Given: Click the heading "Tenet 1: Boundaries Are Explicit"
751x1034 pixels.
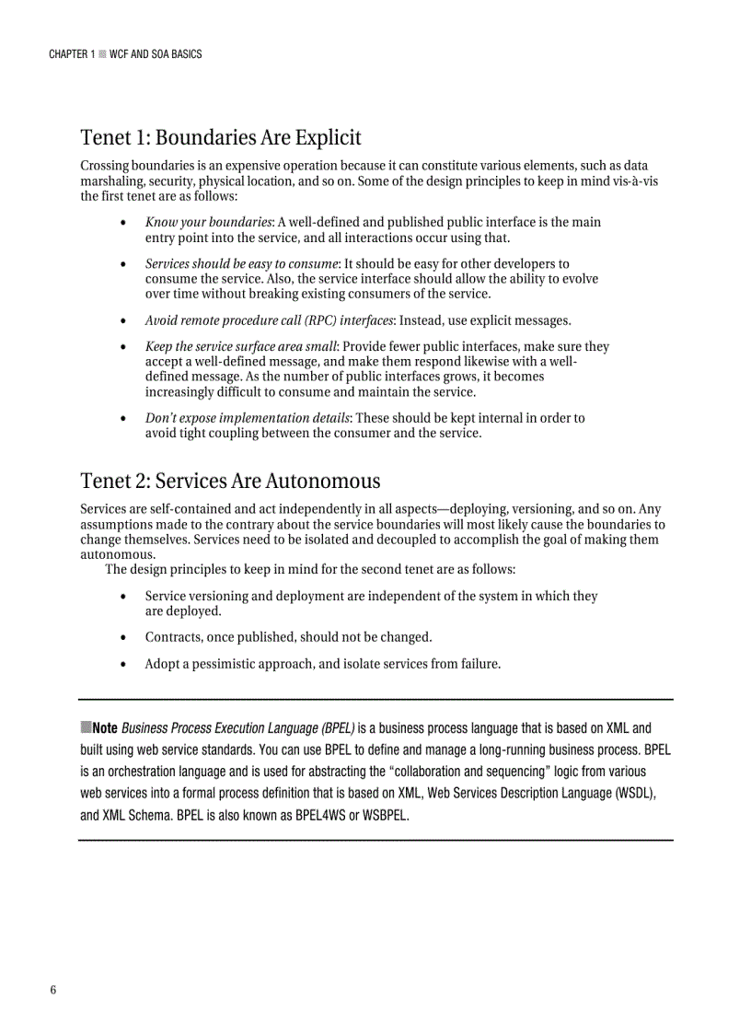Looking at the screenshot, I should click(221, 138).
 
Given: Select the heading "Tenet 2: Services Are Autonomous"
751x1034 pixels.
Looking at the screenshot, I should click(230, 482).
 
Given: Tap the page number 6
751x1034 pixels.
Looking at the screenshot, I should click(53, 990).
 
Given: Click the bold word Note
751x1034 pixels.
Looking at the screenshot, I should click(104, 727).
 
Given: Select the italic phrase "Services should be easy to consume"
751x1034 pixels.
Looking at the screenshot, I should click(242, 263).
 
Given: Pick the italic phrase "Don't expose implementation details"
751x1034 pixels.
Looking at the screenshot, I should click(247, 418).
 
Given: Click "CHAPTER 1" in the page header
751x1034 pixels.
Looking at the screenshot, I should click(71, 54).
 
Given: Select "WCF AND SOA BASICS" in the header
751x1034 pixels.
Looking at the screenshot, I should click(156, 54).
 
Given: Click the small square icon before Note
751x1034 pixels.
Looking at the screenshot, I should click(86, 727).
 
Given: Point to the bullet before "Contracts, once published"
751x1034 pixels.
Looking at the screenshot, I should click(124, 637).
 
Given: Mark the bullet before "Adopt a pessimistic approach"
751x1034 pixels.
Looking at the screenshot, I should click(124, 664).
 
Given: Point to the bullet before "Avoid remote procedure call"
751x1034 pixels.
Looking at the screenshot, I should click(124, 320).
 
